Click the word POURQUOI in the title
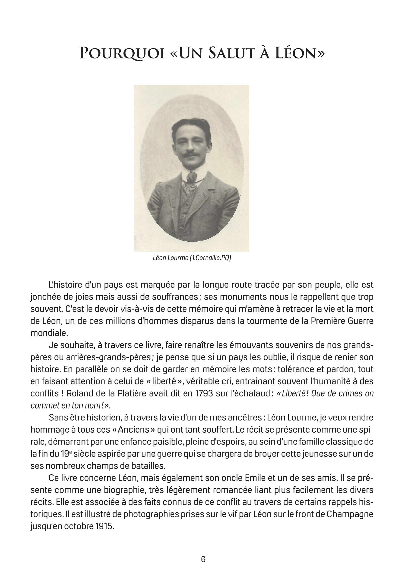(122, 53)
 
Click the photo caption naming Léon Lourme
(192, 258)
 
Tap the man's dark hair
(191, 125)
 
